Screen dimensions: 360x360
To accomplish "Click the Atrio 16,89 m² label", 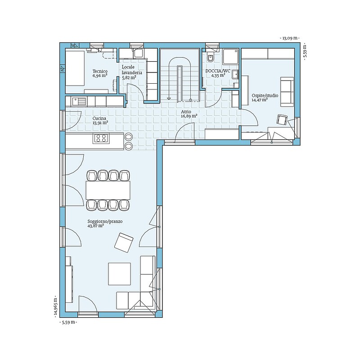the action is click(x=189, y=114).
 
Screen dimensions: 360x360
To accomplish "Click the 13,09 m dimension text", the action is click(x=290, y=38).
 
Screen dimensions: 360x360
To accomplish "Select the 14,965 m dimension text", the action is click(x=55, y=307).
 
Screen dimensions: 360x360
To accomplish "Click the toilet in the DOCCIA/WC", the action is click(x=210, y=58).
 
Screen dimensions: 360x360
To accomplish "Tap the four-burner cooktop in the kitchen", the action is click(x=101, y=138).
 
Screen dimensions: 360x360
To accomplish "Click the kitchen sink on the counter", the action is click(x=79, y=101).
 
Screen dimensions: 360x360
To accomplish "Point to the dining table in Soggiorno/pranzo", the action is click(x=108, y=190).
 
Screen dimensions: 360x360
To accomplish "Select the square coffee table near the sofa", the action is click(x=119, y=274).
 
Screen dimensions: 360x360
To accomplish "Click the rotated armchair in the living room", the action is click(x=124, y=243).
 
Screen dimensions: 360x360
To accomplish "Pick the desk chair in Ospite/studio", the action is click(x=283, y=120).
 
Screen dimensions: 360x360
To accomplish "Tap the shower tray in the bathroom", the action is click(x=231, y=57).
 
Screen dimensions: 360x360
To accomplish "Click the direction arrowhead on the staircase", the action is click(x=169, y=98).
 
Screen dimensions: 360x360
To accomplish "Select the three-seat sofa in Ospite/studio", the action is click(x=287, y=92).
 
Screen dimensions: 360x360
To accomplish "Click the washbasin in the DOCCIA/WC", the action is click(x=235, y=75).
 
